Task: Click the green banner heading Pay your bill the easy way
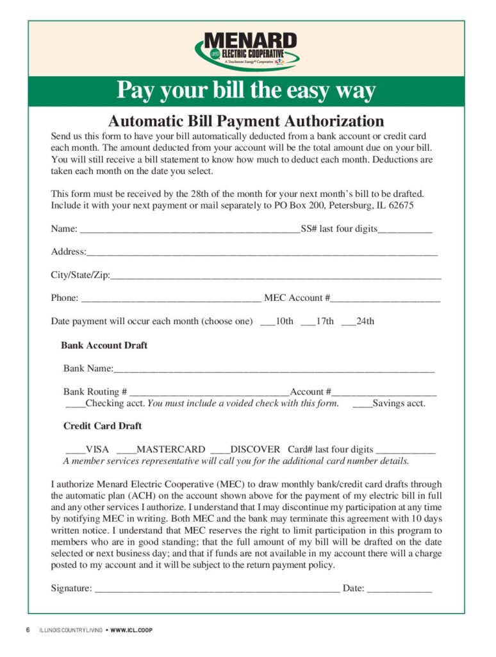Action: pos(246,90)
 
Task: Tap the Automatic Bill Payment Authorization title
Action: pos(246,121)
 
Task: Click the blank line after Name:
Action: pos(189,230)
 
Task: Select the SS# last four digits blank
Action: pos(405,230)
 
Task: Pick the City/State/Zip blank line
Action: pos(276,276)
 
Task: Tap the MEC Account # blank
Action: pos(386,299)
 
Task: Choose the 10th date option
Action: pos(268,321)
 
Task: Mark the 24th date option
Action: pos(349,321)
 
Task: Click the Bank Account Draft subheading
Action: pos(104,345)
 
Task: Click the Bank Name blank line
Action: pos(274,369)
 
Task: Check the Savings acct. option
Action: pos(362,404)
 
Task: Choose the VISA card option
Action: pos(75,450)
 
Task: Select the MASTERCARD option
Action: pos(126,450)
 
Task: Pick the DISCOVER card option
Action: pos(220,450)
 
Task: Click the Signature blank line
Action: pos(217,588)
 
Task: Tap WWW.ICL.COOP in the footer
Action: pos(131,630)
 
